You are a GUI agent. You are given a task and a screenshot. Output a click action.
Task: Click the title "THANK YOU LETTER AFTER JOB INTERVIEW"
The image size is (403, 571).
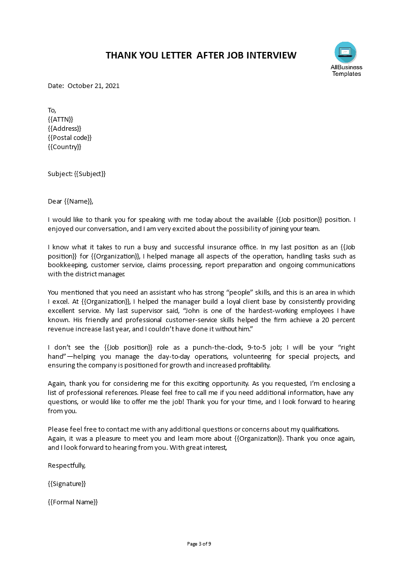coord(201,55)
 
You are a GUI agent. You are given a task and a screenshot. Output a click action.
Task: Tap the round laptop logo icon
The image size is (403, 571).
coord(346,52)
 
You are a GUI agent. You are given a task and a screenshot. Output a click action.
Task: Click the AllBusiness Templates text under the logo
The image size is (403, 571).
coord(346,70)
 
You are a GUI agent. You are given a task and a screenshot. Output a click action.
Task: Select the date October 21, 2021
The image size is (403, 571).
coord(94,85)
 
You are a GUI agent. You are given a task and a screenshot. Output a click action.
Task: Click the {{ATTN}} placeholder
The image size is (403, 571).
coord(60,119)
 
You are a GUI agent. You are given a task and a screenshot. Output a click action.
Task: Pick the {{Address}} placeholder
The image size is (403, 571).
coord(64,128)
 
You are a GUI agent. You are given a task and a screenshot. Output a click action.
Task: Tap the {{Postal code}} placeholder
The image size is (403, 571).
coord(70,137)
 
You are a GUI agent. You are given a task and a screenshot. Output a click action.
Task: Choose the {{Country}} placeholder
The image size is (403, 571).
coord(64,147)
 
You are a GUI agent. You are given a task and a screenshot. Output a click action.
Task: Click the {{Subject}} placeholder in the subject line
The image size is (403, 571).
coord(90,174)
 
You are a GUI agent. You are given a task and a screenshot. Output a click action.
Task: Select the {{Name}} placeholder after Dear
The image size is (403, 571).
coord(79,202)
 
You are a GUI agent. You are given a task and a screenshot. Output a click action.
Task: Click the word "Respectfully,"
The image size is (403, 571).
coord(67,465)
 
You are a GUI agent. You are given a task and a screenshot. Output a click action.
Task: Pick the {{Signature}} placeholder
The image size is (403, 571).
coord(67,483)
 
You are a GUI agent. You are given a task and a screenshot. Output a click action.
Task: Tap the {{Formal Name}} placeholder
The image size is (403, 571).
coord(73,502)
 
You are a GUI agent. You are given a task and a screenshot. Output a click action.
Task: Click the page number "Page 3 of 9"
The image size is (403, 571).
coord(199,544)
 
